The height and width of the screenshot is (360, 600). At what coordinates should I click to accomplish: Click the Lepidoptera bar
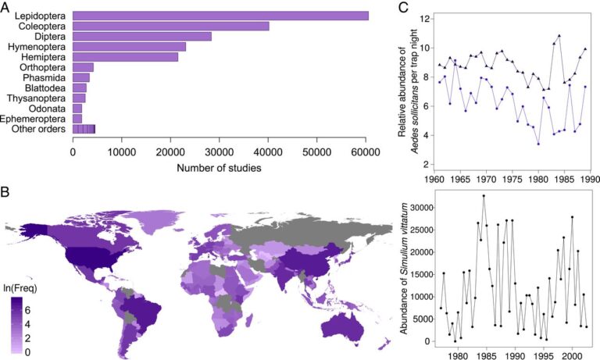pyautogui.click(x=220, y=16)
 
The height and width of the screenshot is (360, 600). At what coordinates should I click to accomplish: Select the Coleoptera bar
pyautogui.click(x=170, y=27)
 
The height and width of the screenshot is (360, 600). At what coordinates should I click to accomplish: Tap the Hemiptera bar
pyautogui.click(x=126, y=57)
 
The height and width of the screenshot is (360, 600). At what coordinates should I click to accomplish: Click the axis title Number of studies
pyautogui.click(x=220, y=167)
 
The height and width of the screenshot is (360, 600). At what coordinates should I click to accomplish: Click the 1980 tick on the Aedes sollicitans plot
pyautogui.click(x=538, y=178)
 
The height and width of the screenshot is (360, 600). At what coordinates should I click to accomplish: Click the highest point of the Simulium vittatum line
pyautogui.click(x=484, y=196)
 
